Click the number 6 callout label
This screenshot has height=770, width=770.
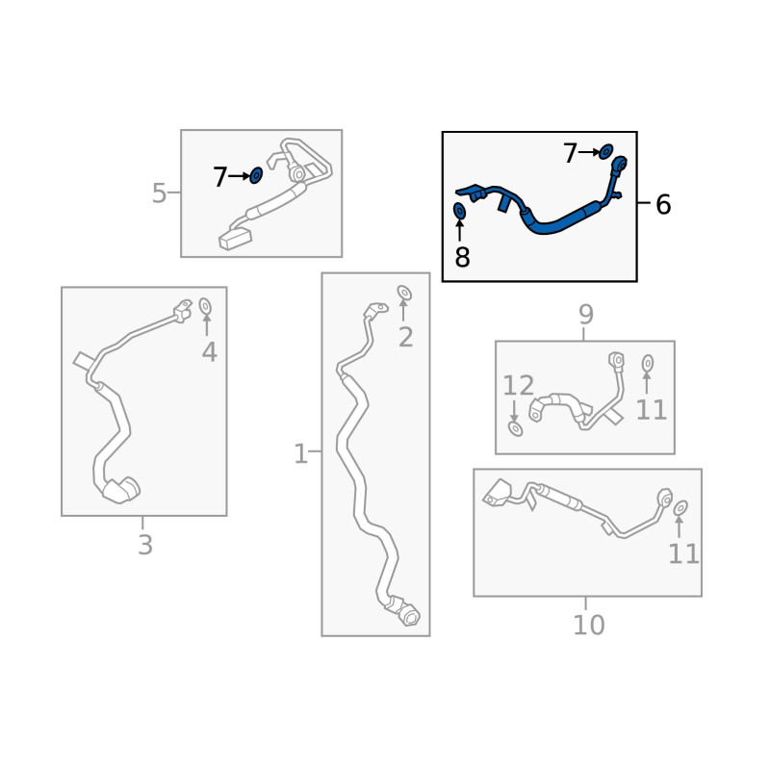click(663, 204)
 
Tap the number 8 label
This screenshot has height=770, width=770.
click(462, 257)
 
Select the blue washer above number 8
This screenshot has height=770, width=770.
click(459, 211)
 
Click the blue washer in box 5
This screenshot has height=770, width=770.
click(256, 175)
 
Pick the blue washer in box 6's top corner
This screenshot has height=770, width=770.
click(606, 152)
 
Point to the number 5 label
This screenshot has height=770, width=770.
click(159, 193)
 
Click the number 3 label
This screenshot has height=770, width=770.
click(145, 545)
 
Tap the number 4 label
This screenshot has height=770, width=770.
click(209, 352)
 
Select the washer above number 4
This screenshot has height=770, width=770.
click(205, 306)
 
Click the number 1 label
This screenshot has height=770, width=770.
click(300, 453)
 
